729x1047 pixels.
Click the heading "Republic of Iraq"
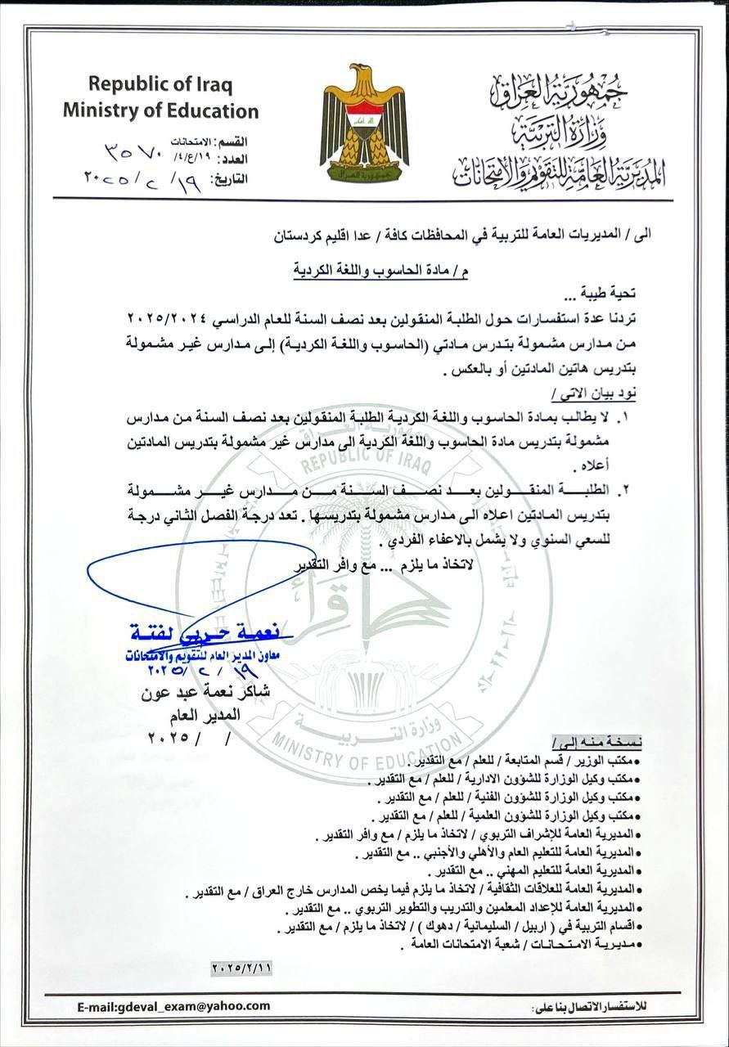tap(160, 83)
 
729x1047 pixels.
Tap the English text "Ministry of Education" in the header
tap(160, 110)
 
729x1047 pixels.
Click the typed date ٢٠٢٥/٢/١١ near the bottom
tap(241, 967)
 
